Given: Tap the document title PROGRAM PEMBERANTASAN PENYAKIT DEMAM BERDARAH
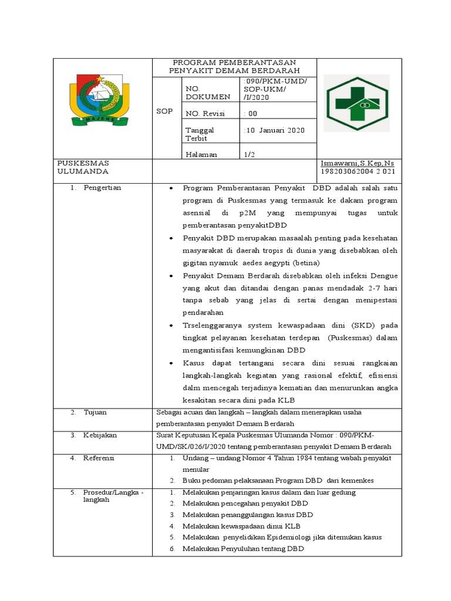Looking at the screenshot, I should point(234,66).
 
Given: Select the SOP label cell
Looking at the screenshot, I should point(164,112).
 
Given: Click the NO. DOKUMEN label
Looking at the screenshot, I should point(200,92).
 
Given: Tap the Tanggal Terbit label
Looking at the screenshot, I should point(200,134).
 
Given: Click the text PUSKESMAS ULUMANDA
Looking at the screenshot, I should point(83,167).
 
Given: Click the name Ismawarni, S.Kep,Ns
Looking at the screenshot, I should point(356,163).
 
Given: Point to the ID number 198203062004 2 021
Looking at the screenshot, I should point(357,171).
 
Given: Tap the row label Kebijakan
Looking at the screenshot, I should point(100,435).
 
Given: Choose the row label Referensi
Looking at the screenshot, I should point(99,458).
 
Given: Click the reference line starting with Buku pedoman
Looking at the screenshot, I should point(278,480).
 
